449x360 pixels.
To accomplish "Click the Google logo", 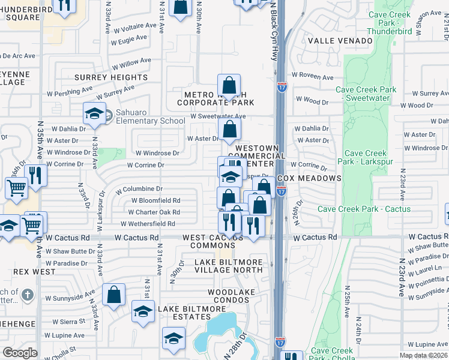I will coord(20,353).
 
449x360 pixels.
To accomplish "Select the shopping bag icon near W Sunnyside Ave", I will coord(113,295).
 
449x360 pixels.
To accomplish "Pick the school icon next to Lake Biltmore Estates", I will coord(143,311).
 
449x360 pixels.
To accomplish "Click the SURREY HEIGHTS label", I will coord(111,77).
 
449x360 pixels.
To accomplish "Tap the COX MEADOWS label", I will coord(310,178).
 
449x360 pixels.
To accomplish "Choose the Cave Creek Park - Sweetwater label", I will coord(366,94).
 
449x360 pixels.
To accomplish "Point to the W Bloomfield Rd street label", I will coord(155,200).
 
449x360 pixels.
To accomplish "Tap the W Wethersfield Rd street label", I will coord(148,224).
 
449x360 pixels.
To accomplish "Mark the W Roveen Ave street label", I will coord(313,77).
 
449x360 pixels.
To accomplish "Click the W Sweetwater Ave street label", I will coord(218,116).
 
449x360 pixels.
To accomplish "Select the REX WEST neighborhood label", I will coord(30,272).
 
